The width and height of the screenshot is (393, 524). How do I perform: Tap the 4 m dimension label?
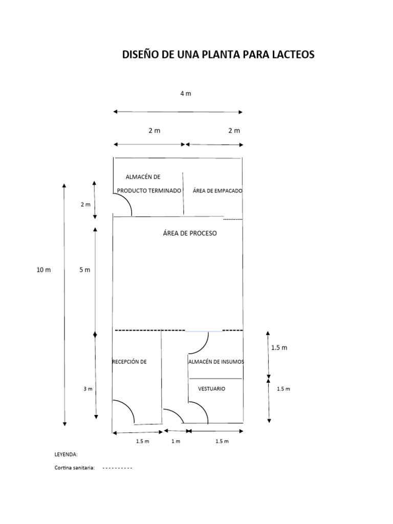click(186, 94)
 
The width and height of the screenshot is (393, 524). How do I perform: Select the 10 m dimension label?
click(44, 270)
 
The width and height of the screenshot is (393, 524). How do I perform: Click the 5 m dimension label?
click(85, 270)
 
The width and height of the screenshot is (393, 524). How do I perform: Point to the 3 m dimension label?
click(88, 389)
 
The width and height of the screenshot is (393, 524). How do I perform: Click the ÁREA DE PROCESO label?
click(190, 233)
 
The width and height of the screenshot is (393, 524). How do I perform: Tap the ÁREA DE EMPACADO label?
click(217, 191)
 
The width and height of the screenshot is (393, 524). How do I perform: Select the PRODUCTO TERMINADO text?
click(149, 191)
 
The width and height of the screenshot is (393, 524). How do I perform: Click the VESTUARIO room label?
click(211, 389)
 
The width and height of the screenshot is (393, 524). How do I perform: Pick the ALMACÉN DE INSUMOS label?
click(216, 362)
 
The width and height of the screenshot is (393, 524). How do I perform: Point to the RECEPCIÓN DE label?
click(129, 362)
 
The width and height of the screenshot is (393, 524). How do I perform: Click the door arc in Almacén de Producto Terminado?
click(127, 201)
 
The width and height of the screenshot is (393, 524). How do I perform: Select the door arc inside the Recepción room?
click(129, 408)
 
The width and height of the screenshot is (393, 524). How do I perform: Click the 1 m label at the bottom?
click(176, 442)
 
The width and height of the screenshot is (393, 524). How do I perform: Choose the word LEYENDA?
click(66, 454)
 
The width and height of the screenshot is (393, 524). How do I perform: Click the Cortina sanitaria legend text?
click(75, 468)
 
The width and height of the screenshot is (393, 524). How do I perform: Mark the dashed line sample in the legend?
click(117, 468)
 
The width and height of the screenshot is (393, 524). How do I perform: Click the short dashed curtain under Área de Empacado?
click(233, 219)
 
